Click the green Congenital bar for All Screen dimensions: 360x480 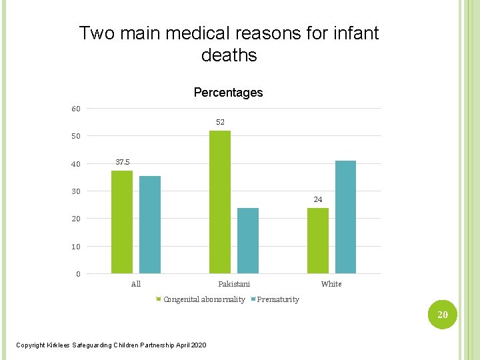[x=122, y=222]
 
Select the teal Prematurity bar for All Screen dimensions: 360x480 [x=150, y=225]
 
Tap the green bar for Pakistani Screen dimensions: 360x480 [x=220, y=202]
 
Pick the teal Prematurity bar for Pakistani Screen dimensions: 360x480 [x=248, y=241]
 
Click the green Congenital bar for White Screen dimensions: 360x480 [x=318, y=241]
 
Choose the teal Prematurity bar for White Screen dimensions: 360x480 [x=345, y=217]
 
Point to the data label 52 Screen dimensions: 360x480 [x=220, y=122]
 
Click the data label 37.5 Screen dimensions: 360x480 [x=123, y=162]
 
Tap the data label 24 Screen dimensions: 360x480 [x=318, y=199]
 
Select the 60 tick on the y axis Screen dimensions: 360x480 [x=76, y=109]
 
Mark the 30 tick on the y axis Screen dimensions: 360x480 [x=76, y=191]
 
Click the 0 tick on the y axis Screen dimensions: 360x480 [x=78, y=274]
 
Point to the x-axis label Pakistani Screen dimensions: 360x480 [x=234, y=284]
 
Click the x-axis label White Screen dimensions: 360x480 [x=331, y=284]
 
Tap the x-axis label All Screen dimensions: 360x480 [x=136, y=284]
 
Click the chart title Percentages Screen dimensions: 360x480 [x=228, y=93]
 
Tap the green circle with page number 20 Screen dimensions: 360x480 [x=443, y=315]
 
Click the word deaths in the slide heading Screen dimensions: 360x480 [x=229, y=55]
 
